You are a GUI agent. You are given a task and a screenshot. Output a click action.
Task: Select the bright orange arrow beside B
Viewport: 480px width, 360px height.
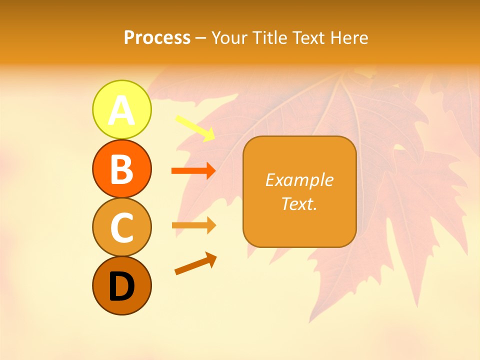193,171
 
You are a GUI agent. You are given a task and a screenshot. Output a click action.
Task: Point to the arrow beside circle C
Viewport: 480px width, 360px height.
193,225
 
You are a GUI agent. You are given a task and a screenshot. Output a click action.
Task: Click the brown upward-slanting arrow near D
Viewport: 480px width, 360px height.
195,264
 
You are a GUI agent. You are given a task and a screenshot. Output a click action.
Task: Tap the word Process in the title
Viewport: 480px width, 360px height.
157,38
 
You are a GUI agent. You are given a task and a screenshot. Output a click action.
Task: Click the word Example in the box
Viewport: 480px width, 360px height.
299,180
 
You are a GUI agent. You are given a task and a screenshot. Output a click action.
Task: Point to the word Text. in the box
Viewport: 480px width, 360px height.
299,203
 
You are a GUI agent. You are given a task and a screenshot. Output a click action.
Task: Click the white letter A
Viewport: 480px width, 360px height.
121,110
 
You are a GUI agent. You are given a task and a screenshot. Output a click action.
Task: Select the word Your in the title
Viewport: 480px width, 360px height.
229,38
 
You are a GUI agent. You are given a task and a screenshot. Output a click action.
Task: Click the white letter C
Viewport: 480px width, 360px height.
121,228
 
